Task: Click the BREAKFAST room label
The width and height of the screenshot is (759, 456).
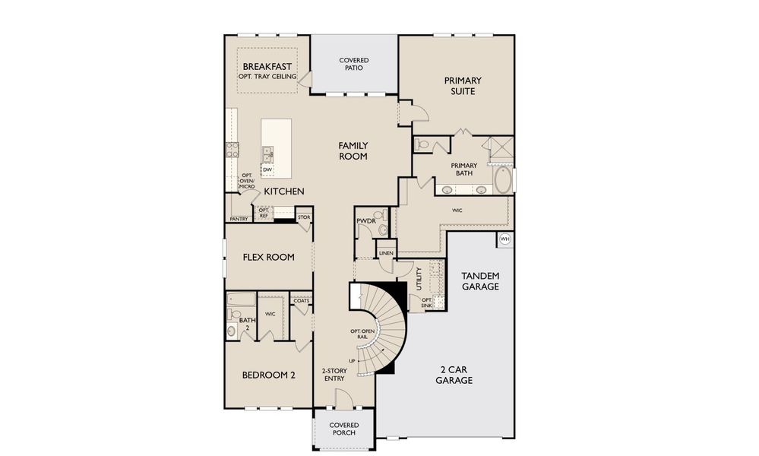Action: (x=267, y=66)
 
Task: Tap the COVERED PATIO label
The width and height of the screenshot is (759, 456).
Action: (x=354, y=64)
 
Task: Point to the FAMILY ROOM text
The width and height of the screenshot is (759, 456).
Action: (x=353, y=150)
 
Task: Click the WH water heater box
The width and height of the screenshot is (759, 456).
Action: (x=505, y=239)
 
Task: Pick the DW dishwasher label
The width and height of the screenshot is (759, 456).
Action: (x=267, y=169)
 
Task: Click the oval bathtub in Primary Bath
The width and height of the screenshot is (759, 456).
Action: (x=503, y=181)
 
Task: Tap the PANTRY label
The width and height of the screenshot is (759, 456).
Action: (x=239, y=219)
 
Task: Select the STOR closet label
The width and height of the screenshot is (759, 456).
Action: (x=304, y=217)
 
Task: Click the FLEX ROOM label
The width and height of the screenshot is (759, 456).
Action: (x=268, y=257)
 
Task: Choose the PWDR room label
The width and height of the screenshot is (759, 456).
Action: (x=365, y=221)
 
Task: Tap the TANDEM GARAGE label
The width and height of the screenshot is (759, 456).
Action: (x=480, y=280)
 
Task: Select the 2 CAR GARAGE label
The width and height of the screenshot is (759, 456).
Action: (x=454, y=375)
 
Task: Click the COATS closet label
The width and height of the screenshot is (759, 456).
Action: (x=301, y=300)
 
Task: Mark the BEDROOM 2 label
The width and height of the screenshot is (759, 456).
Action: (x=268, y=375)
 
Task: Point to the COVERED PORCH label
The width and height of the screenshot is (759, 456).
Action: (x=343, y=429)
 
